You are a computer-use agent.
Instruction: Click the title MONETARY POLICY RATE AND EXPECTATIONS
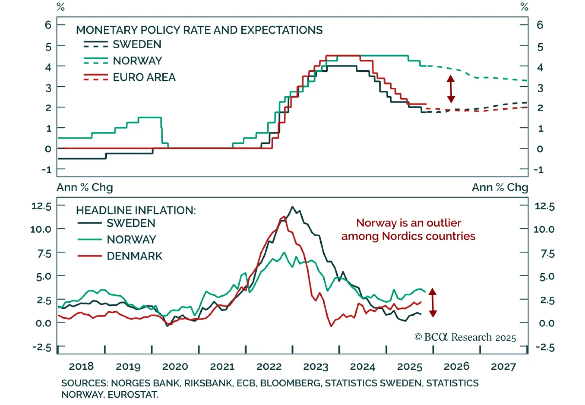(199, 30)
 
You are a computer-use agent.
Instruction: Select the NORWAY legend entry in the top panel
(137, 61)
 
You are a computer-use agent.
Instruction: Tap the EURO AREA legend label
(144, 77)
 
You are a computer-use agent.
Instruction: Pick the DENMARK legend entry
(134, 256)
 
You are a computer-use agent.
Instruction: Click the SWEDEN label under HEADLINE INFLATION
(131, 223)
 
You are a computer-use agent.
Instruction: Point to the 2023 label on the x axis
(316, 367)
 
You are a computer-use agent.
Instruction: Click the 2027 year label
(503, 367)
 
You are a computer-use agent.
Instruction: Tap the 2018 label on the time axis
(81, 367)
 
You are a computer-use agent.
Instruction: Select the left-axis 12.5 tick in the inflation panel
(41, 206)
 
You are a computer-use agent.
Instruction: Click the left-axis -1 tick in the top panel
(46, 170)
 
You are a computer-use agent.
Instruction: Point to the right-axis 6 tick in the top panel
(540, 25)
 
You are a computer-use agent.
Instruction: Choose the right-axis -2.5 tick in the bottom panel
(545, 347)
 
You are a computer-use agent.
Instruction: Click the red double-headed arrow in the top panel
(451, 89)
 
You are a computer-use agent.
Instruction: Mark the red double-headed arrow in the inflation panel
(433, 303)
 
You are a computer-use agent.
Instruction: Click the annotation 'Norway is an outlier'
(408, 223)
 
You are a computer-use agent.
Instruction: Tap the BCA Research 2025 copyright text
(465, 337)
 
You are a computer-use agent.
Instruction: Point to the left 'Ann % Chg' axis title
(85, 187)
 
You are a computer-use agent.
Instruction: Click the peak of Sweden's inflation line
(292, 207)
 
